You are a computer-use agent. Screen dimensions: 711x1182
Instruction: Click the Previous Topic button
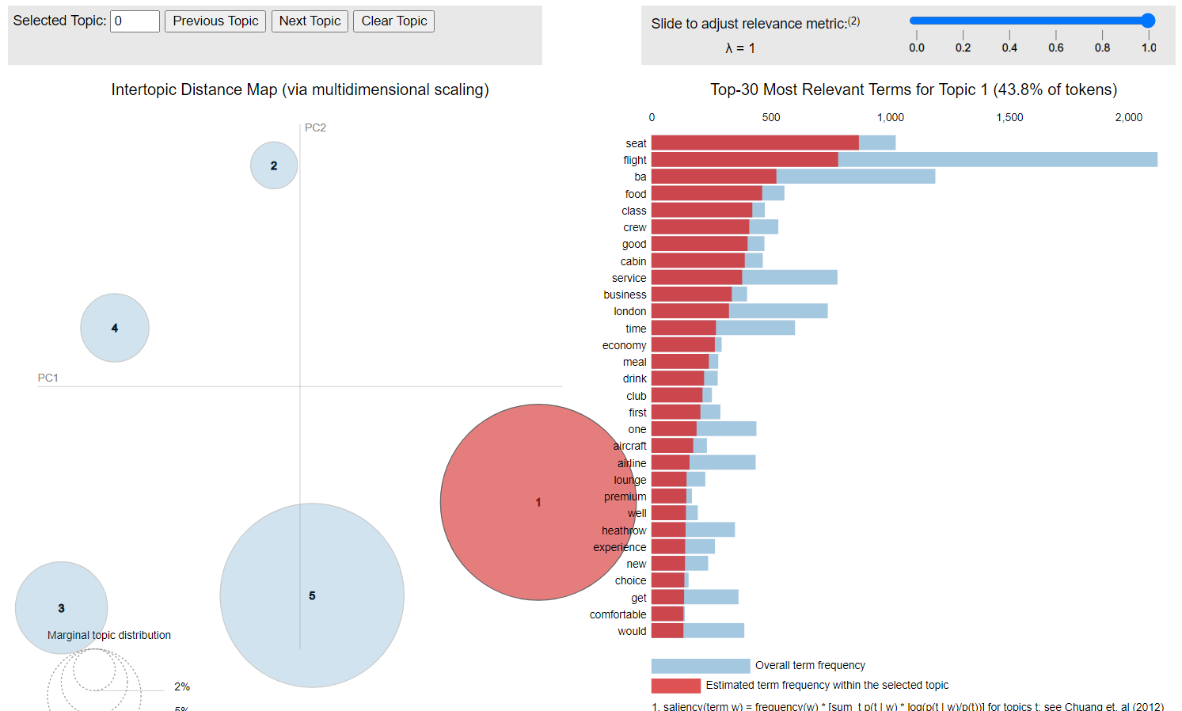pyautogui.click(x=215, y=21)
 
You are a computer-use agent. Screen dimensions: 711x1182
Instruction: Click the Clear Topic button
pyautogui.click(x=393, y=21)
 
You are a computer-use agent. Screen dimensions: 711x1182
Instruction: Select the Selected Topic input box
pyautogui.click(x=135, y=21)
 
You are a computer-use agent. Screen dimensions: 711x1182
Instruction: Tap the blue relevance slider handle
pyautogui.click(x=1148, y=21)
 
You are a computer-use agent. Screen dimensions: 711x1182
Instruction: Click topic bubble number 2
pyautogui.click(x=274, y=165)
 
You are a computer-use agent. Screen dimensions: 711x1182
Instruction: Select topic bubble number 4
pyautogui.click(x=115, y=328)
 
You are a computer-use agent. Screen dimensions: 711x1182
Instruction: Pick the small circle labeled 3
pyautogui.click(x=61, y=608)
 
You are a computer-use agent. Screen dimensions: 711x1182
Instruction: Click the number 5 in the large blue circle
pyautogui.click(x=312, y=595)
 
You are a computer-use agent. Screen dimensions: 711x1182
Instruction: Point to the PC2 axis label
pyautogui.click(x=315, y=127)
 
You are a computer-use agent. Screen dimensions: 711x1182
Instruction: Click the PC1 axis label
pyautogui.click(x=48, y=378)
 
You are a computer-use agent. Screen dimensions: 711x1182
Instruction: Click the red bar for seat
pyautogui.click(x=754, y=143)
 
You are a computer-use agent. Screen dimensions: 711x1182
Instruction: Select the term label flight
pyautogui.click(x=634, y=160)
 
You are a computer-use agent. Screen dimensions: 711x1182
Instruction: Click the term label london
pyautogui.click(x=629, y=311)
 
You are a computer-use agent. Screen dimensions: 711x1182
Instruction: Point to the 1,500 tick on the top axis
pyautogui.click(x=1009, y=117)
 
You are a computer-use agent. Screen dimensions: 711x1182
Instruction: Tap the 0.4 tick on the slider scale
pyautogui.click(x=1009, y=48)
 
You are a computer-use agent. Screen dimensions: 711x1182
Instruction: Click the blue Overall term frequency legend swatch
pyautogui.click(x=700, y=666)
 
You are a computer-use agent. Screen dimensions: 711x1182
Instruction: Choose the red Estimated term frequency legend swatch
pyautogui.click(x=675, y=686)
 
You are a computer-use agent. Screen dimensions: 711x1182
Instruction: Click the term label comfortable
pyautogui.click(x=618, y=614)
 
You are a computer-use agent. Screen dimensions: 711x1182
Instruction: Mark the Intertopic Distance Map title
pyautogui.click(x=300, y=89)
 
